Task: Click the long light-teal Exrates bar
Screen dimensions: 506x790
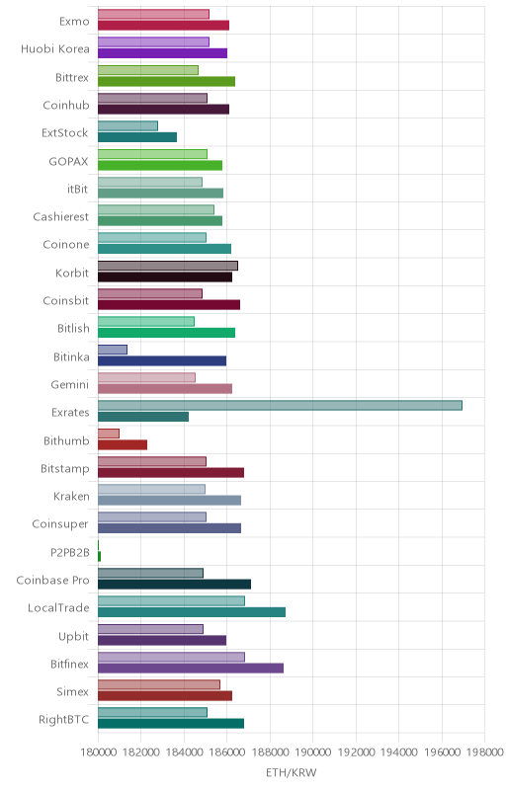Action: (x=280, y=406)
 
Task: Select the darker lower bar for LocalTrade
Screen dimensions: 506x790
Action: (x=192, y=612)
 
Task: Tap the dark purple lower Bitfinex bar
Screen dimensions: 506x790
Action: (x=191, y=669)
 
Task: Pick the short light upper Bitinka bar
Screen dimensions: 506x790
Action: (x=113, y=350)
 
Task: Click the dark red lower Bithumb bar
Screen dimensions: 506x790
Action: (x=123, y=445)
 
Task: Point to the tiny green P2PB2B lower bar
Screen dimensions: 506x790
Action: (x=99, y=556)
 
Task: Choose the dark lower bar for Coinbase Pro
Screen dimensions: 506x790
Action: (x=174, y=585)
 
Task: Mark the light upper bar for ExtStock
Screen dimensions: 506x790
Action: (x=127, y=126)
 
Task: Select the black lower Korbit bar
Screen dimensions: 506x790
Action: (x=165, y=277)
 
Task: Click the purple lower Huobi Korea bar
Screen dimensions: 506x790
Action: (x=162, y=53)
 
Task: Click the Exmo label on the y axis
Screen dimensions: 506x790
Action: (x=74, y=21)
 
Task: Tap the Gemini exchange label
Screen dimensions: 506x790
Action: (x=70, y=385)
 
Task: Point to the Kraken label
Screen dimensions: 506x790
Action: (x=71, y=497)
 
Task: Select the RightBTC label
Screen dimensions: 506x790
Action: (x=64, y=720)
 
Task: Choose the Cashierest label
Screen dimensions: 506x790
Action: (x=61, y=216)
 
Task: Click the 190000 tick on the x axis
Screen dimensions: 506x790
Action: (x=312, y=752)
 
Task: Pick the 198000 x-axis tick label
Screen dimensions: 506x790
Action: (x=484, y=752)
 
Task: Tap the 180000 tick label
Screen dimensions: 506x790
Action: (x=98, y=752)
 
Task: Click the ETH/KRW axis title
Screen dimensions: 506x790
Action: (x=292, y=773)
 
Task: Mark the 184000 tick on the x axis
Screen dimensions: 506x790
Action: (x=184, y=752)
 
